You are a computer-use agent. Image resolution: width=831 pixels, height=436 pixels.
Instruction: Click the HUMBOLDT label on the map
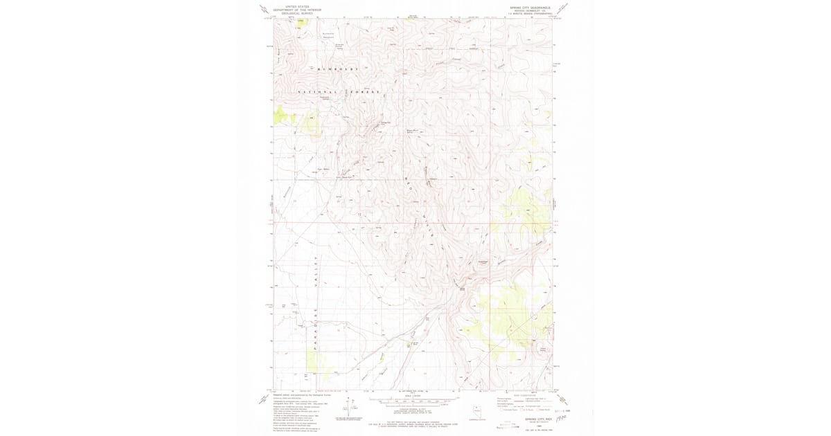tap(339, 69)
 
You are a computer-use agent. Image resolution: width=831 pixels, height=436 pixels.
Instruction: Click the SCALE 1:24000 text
tap(415, 395)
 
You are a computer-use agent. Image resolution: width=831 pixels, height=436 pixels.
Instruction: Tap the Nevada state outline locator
tap(475, 410)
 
